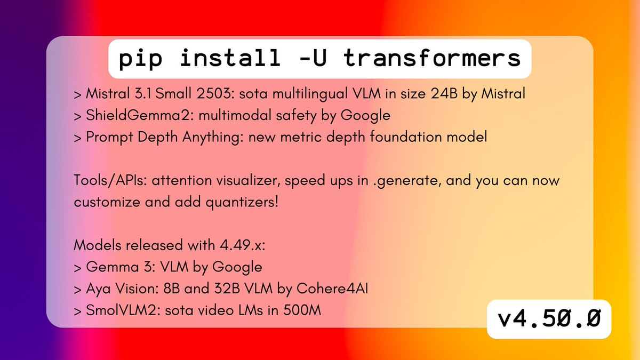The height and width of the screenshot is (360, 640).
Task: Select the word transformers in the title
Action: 432,58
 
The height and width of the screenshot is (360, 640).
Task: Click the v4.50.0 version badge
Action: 549,318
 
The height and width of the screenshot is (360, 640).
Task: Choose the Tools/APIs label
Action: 110,181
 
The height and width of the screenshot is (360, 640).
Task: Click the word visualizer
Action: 248,181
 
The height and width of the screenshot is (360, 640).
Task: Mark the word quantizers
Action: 242,203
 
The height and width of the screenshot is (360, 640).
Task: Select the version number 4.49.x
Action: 242,245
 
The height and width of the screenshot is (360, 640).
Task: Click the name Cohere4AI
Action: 332,289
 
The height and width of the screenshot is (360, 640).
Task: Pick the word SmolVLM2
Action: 123,310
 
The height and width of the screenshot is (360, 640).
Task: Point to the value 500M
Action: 302,310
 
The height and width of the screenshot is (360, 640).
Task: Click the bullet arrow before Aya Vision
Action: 77,290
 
